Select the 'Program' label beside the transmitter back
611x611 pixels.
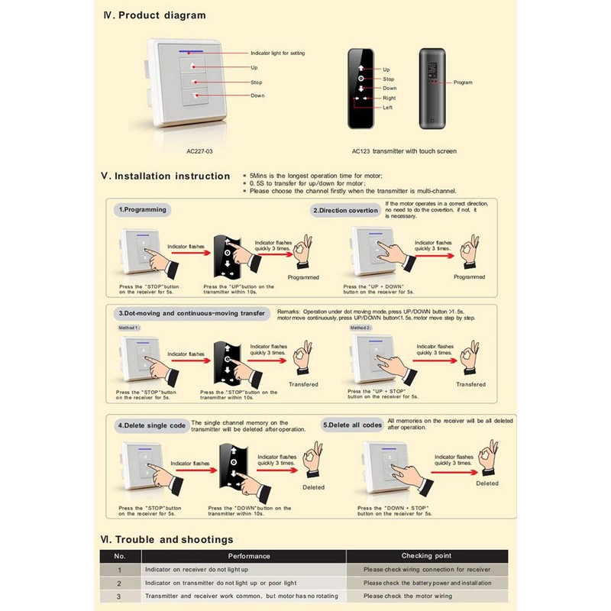point(463,82)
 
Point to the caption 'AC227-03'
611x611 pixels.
point(199,151)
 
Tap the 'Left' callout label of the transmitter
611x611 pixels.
point(388,108)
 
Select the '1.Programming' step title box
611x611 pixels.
point(141,209)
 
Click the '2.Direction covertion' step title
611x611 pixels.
point(344,210)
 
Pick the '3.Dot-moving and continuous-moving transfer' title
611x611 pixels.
point(192,313)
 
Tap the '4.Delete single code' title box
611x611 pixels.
point(150,425)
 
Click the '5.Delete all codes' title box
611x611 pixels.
point(351,425)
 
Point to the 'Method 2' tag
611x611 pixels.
point(360,327)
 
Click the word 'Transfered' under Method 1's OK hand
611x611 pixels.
point(303,384)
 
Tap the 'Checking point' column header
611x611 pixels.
point(426,556)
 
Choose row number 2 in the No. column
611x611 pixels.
point(119,583)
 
